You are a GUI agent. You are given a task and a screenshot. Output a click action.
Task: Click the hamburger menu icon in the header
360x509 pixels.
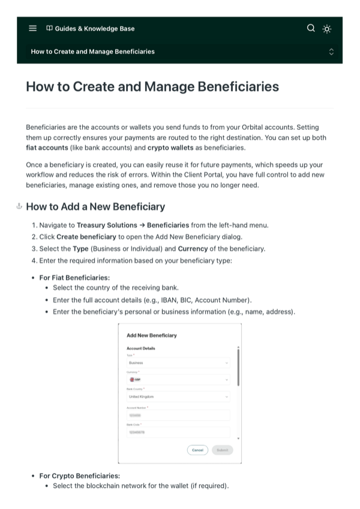click(x=32, y=28)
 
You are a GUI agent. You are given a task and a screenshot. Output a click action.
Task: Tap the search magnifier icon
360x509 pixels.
click(x=310, y=28)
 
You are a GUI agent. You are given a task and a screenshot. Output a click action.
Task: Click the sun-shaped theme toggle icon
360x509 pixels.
click(x=327, y=28)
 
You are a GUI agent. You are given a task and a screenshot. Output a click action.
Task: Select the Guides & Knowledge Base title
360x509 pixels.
click(x=94, y=28)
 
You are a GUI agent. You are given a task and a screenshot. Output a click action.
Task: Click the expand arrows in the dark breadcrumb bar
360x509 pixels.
click(x=331, y=52)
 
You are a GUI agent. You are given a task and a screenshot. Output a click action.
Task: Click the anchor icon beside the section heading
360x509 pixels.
click(x=19, y=206)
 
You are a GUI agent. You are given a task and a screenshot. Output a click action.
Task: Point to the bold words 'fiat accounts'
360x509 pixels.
click(x=47, y=147)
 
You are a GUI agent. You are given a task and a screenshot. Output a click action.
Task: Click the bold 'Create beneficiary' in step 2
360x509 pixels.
click(x=86, y=236)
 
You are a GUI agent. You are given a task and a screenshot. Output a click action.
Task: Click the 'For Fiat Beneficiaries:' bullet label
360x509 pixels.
click(x=74, y=277)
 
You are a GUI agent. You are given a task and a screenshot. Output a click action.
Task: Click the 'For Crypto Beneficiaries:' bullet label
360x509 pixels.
click(x=79, y=476)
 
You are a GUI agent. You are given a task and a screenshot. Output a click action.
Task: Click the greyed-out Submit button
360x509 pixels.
click(x=222, y=450)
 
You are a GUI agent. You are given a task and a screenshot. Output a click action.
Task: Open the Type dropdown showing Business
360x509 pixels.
click(x=179, y=363)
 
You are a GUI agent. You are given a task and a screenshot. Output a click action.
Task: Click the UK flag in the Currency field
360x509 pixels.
click(x=132, y=379)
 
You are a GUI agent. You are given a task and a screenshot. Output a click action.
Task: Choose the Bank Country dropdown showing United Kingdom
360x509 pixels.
click(x=179, y=397)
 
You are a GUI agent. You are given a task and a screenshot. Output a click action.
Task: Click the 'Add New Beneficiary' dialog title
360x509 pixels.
click(x=152, y=336)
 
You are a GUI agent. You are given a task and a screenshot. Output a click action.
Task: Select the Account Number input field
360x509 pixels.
click(x=179, y=415)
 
